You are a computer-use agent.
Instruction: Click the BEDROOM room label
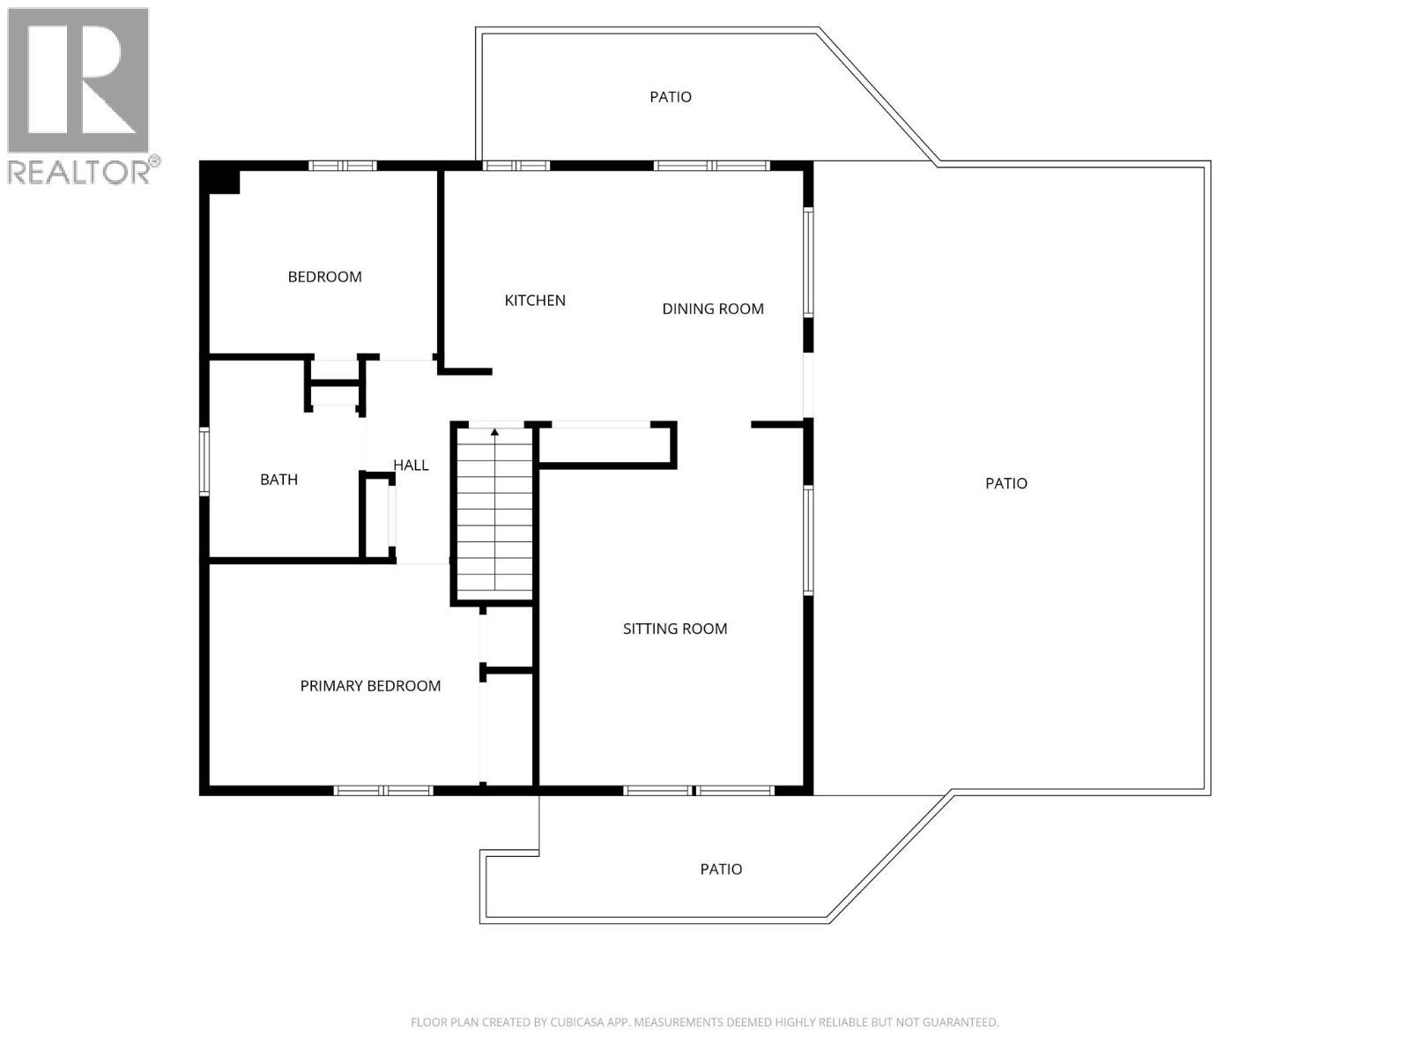click(x=324, y=277)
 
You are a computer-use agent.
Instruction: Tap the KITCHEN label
click(x=535, y=301)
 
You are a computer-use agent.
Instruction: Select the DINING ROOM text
click(x=713, y=309)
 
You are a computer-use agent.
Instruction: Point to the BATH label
click(x=278, y=480)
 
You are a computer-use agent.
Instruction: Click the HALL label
click(x=411, y=466)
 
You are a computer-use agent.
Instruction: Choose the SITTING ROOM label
click(x=675, y=629)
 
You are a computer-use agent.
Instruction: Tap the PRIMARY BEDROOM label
click(x=370, y=686)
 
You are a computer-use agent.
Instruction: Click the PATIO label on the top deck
click(x=671, y=97)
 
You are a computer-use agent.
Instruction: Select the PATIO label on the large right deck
click(x=1006, y=483)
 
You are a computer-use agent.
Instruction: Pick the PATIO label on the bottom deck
click(x=721, y=869)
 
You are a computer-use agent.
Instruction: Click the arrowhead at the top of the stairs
click(x=494, y=432)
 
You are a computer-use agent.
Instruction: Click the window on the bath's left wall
click(x=204, y=461)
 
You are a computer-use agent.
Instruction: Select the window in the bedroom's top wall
click(x=343, y=166)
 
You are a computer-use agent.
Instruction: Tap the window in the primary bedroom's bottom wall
click(x=383, y=790)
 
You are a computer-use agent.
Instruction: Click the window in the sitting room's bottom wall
click(x=698, y=790)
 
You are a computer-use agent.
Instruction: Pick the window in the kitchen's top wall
click(x=516, y=166)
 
